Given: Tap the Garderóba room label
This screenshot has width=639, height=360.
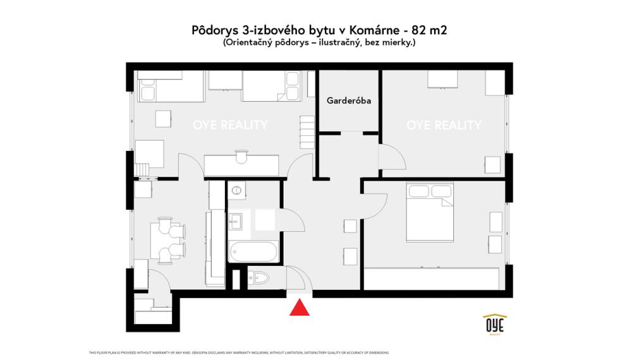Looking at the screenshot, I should coord(348,100).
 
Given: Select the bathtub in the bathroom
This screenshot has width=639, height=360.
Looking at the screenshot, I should coord(253,253).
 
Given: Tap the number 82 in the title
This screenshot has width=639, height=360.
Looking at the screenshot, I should coord(418,30).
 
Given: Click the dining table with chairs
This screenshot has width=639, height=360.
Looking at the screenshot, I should coord(168,239).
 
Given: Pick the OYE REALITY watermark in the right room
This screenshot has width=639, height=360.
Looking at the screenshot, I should coord(444,125).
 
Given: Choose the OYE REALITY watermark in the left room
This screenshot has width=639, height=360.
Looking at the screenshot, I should coord(230,125).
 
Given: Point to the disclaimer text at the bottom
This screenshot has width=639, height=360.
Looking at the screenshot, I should coord(240,352).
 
